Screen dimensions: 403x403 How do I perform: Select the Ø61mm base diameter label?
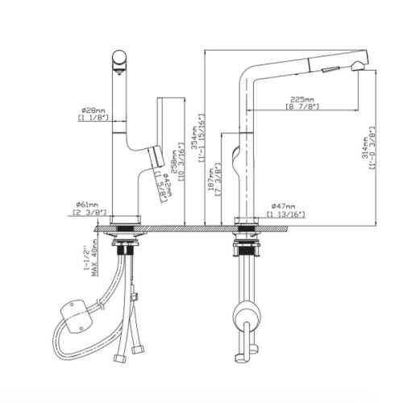coord(87,206)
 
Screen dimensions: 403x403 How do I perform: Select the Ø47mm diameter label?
coord(283,206)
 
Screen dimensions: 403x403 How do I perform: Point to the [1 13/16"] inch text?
coord(283,214)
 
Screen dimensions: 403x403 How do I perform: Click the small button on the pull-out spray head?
coord(327,71)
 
